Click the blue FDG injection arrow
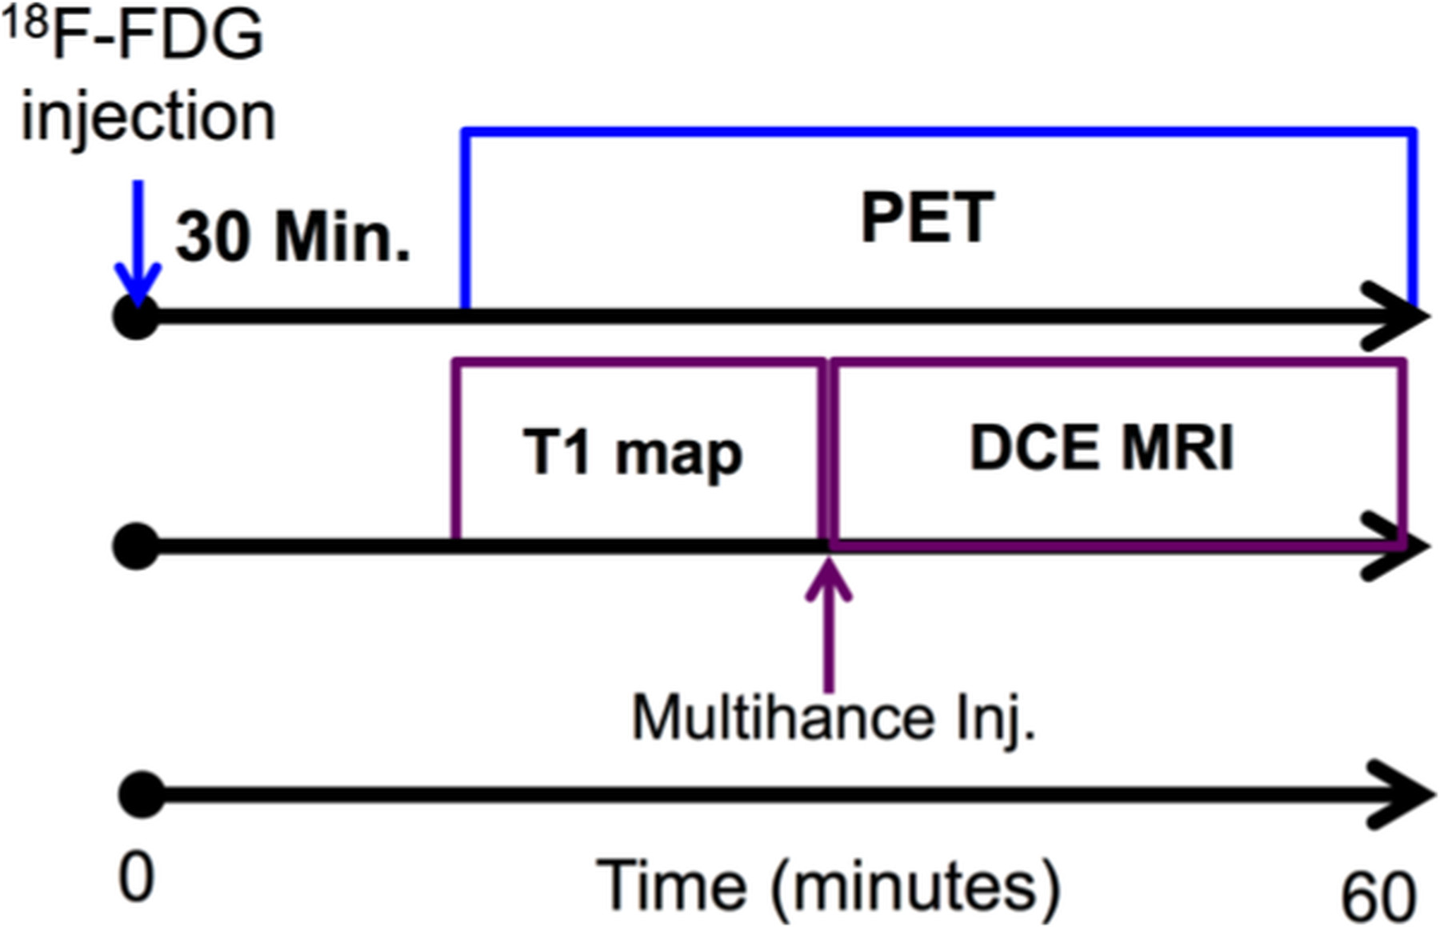tap(138, 240)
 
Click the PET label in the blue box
tap(927, 218)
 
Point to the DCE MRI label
tap(1102, 447)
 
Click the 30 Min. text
tap(293, 238)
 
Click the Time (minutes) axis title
tap(828, 886)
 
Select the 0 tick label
tap(136, 877)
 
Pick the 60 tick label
tap(1378, 896)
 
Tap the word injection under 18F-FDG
tap(148, 117)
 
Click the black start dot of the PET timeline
tap(136, 317)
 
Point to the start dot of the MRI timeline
tap(136, 547)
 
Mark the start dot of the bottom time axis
tap(142, 795)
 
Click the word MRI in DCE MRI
tap(1177, 447)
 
